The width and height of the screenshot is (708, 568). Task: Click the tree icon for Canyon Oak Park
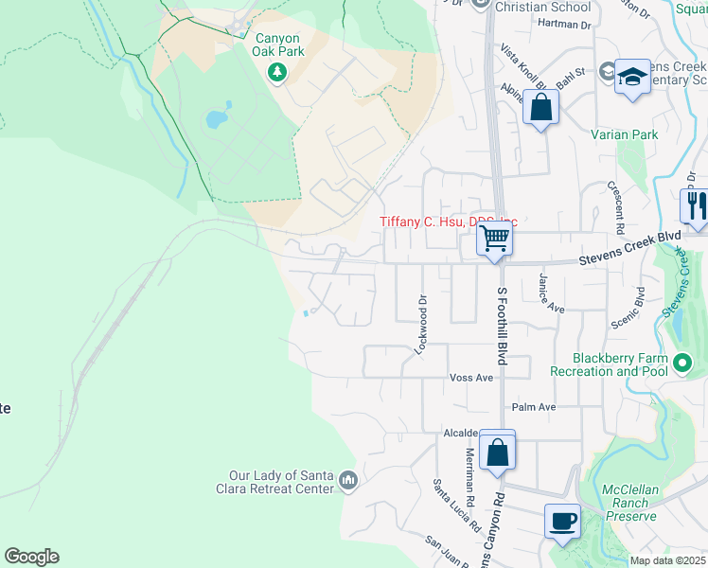[277, 72]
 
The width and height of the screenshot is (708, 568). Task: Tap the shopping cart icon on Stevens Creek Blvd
[495, 239]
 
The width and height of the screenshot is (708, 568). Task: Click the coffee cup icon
[563, 520]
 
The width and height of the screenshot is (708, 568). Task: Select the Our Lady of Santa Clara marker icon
[348, 482]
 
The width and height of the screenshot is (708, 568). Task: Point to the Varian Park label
[624, 135]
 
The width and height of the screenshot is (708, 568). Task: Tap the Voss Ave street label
[472, 377]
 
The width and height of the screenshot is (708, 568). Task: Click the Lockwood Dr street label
[420, 325]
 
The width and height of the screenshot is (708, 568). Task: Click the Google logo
[31, 557]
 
